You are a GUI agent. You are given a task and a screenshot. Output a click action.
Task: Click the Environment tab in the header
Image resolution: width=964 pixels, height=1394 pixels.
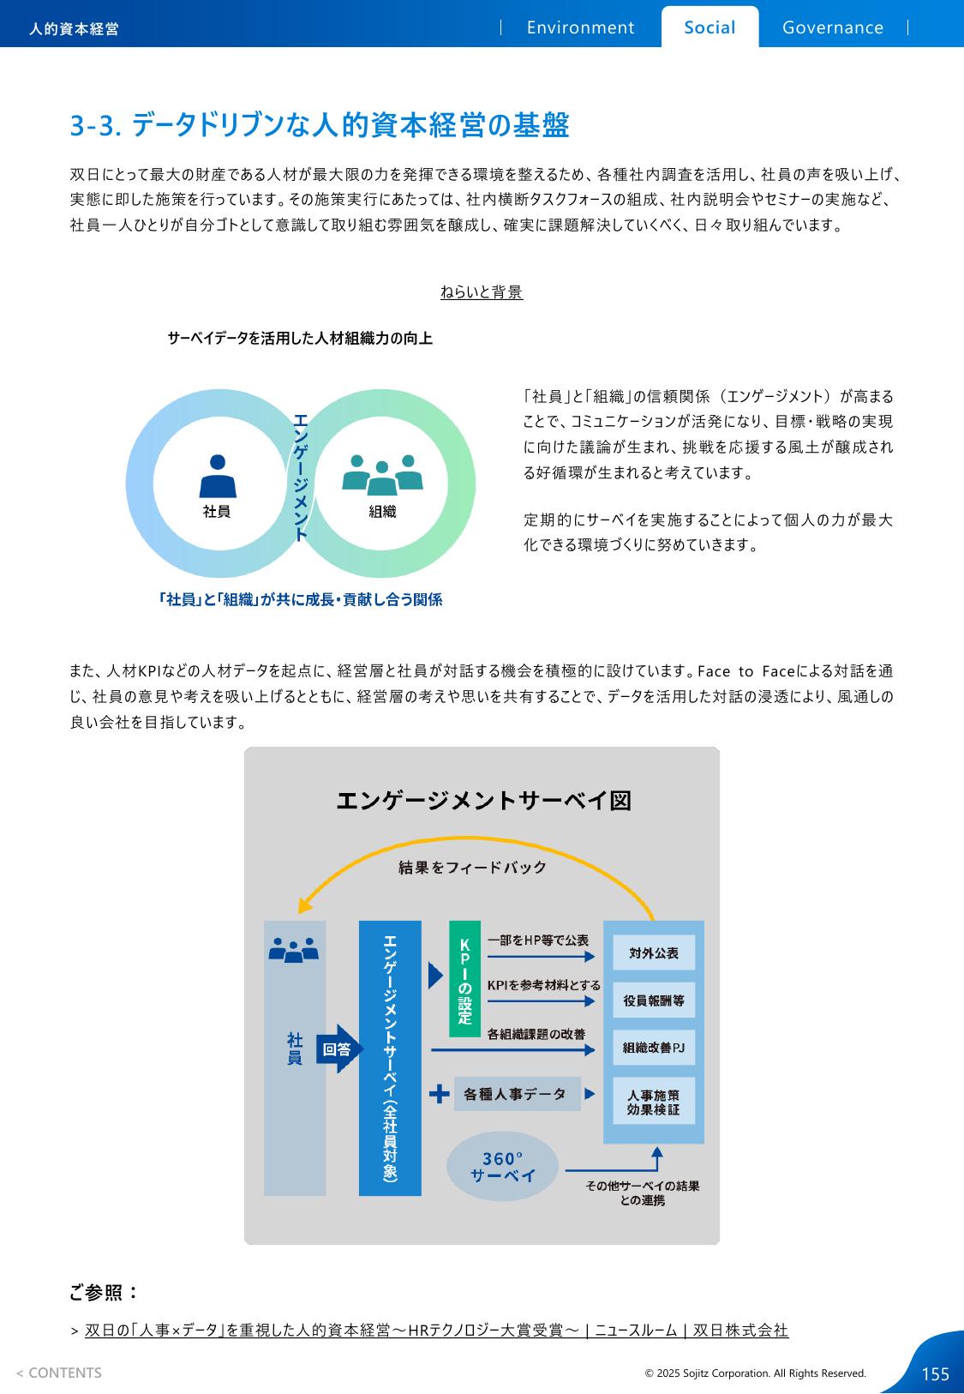(580, 27)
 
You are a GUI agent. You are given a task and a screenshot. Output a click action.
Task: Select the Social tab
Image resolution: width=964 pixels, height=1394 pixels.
(710, 27)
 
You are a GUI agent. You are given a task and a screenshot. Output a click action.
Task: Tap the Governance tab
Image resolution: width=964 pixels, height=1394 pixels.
(833, 27)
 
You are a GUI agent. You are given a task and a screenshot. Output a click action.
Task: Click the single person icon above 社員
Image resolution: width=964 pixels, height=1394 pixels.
(218, 476)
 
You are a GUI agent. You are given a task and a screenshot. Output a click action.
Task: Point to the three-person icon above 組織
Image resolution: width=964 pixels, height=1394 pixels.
(382, 475)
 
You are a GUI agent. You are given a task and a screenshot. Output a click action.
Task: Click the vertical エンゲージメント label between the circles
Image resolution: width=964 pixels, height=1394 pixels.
(301, 478)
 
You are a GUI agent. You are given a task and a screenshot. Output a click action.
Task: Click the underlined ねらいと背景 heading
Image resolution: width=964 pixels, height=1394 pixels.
(482, 291)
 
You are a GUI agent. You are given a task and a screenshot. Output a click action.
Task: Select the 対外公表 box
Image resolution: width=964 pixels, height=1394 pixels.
(654, 952)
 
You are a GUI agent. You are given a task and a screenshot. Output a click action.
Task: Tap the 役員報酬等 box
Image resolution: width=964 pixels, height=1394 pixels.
(654, 1000)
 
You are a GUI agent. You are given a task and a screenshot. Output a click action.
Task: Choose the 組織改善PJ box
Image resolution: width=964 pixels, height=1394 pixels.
(654, 1048)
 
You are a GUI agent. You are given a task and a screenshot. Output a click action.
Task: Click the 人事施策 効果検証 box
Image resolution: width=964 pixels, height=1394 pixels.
(654, 1102)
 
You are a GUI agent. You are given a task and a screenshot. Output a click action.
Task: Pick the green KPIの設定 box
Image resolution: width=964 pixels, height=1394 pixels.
(464, 979)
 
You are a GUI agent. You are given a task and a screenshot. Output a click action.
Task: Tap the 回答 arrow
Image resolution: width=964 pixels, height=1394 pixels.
(339, 1049)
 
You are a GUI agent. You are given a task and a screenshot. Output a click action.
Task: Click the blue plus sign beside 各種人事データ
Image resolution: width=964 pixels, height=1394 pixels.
(439, 1094)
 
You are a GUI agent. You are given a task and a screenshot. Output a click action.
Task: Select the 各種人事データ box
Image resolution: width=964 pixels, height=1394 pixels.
(518, 1094)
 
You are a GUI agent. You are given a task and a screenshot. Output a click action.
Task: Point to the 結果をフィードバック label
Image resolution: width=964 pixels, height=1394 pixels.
(472, 867)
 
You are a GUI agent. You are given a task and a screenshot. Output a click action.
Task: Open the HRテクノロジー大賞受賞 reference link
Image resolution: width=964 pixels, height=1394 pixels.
(437, 1331)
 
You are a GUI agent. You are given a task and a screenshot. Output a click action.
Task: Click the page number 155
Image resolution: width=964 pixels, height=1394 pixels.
(936, 1374)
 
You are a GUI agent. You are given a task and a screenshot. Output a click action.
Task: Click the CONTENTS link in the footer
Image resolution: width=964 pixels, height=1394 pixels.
(59, 1373)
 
